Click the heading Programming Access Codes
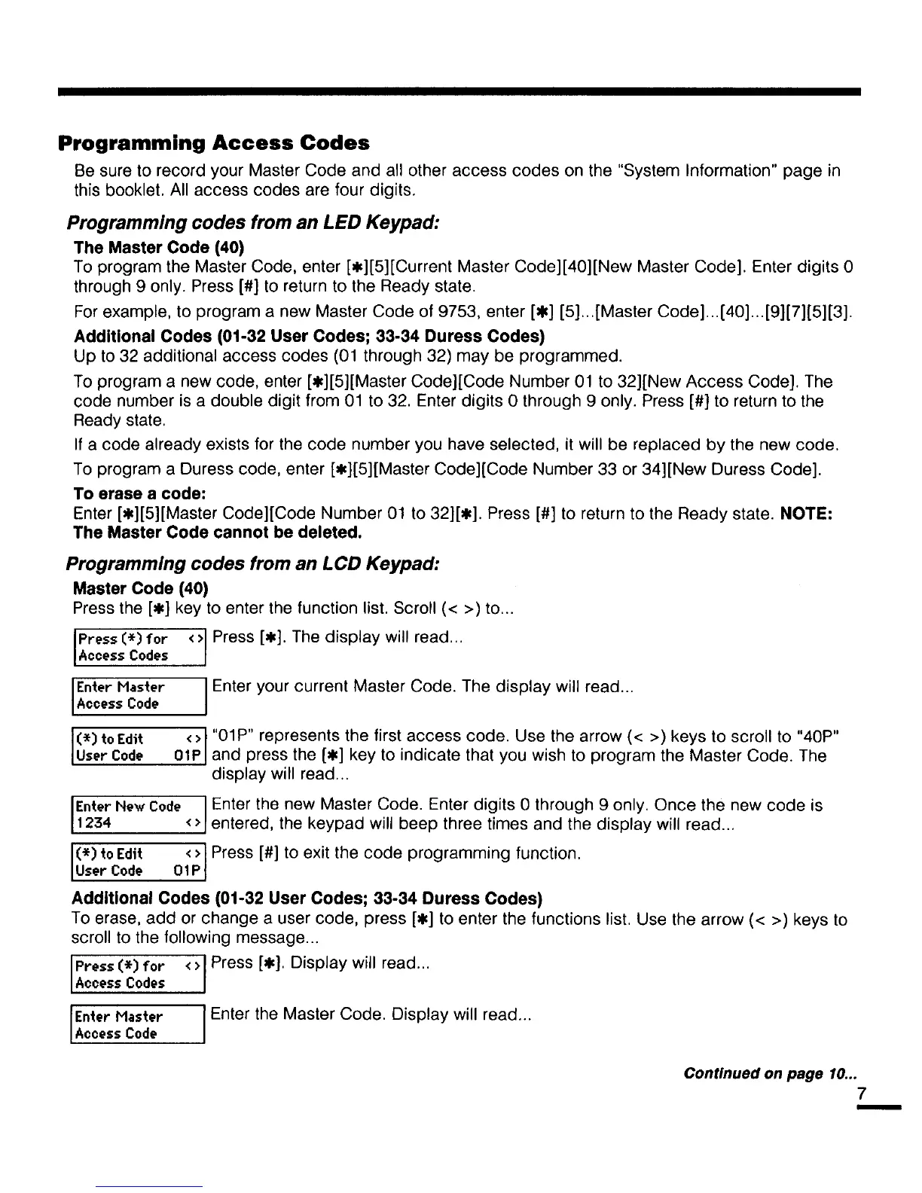point(214,142)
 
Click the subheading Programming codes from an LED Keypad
point(252,224)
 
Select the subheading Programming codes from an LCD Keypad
point(252,564)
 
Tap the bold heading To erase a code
point(139,493)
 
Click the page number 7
point(862,1093)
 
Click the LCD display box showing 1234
point(138,815)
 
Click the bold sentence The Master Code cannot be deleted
point(218,532)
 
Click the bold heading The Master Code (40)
point(159,248)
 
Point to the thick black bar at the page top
point(459,91)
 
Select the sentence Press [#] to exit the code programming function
point(396,853)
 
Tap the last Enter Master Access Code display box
point(138,1024)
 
